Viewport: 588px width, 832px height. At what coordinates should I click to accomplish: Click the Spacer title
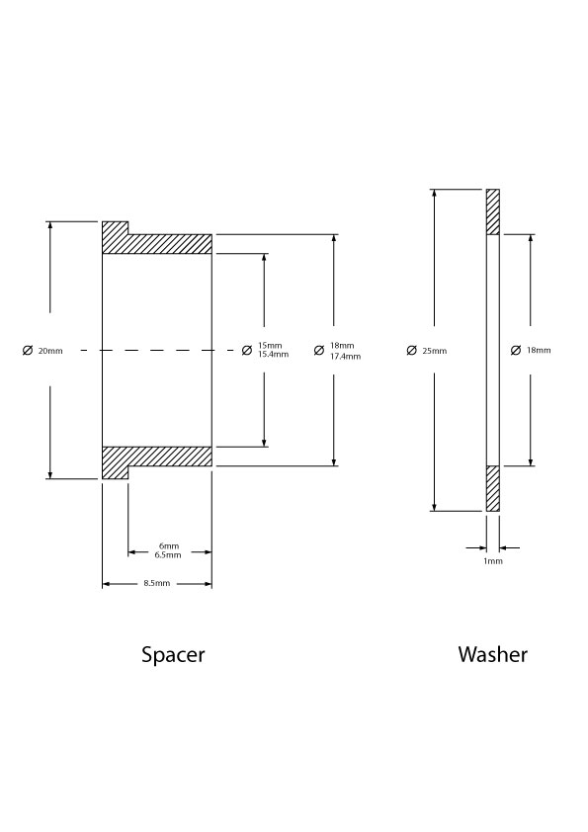[173, 655]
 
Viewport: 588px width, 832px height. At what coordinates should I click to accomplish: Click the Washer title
[492, 654]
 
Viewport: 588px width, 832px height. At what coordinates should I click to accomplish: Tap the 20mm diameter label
[50, 351]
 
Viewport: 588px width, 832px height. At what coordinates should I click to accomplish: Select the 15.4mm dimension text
[274, 354]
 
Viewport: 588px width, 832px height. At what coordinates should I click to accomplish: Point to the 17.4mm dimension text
[346, 356]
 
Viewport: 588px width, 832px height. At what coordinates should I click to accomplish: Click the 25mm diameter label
[435, 351]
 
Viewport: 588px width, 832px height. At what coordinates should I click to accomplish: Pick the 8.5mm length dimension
[157, 583]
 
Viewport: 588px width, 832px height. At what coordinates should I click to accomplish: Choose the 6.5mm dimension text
[168, 555]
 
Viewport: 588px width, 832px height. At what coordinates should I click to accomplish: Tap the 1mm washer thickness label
[493, 561]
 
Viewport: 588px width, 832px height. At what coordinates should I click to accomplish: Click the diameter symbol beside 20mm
[28, 350]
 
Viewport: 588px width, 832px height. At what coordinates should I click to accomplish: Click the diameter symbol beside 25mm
[412, 350]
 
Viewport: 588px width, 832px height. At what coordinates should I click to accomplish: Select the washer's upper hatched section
[493, 211]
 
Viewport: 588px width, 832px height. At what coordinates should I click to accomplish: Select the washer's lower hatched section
[493, 489]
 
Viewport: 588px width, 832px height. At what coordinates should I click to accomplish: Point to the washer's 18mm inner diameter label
[539, 350]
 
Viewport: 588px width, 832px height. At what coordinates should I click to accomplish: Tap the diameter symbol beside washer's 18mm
[516, 350]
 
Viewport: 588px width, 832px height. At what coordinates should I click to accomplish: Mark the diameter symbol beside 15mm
[247, 350]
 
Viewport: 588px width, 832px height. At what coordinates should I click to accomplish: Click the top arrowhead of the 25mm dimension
[435, 193]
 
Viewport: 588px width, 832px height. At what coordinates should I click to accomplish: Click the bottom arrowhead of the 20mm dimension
[50, 475]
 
